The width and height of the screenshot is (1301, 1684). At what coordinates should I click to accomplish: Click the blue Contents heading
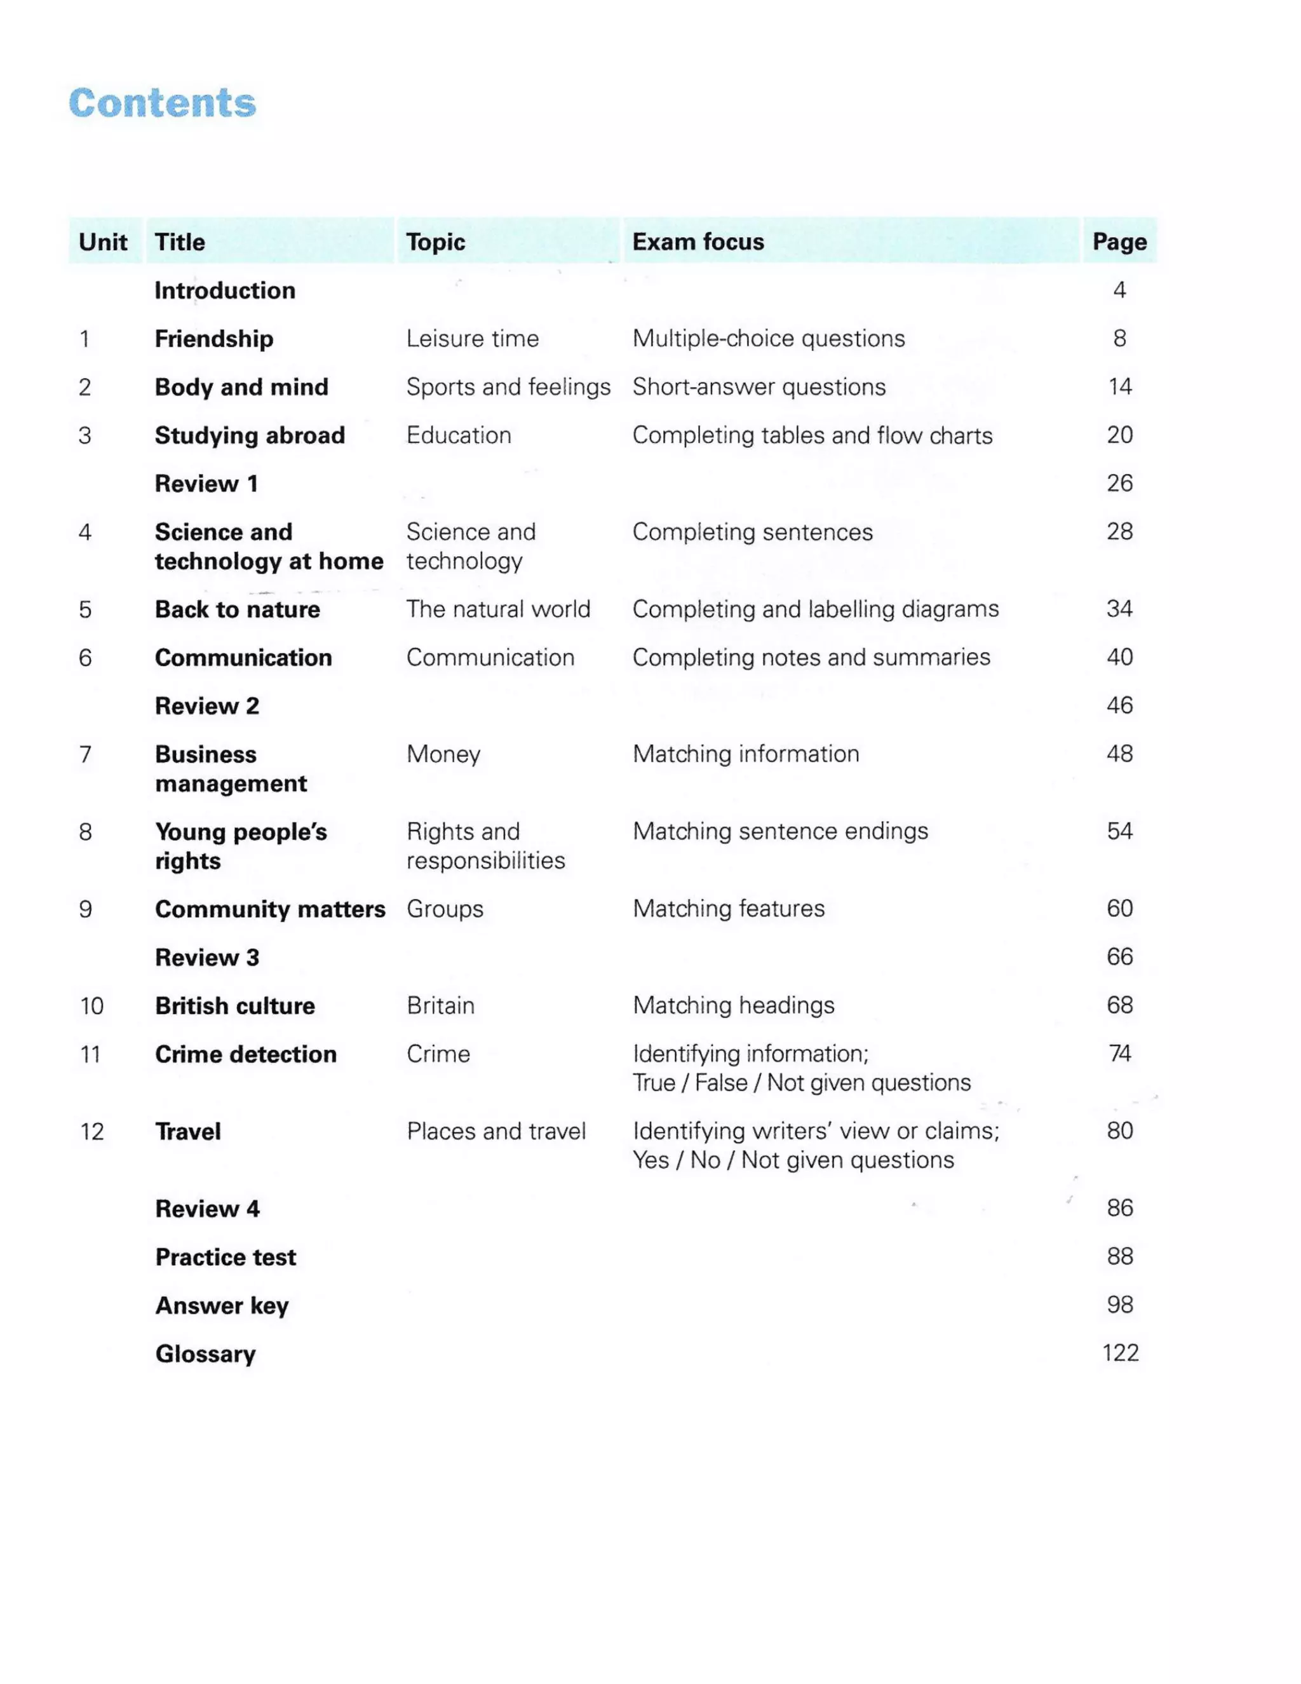tap(162, 104)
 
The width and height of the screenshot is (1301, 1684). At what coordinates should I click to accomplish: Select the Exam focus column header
tap(698, 242)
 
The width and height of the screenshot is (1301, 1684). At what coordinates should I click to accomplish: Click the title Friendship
tap(213, 339)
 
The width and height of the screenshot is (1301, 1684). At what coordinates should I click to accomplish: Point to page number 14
tap(1119, 386)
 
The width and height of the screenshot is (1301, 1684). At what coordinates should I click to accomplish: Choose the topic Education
tap(459, 435)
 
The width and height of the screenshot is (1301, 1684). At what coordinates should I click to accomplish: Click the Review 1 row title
tap(206, 484)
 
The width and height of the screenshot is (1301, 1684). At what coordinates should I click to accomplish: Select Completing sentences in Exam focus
tap(752, 532)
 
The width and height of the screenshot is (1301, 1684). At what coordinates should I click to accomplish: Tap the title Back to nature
tap(238, 609)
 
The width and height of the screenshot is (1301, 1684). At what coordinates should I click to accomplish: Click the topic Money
tap(443, 754)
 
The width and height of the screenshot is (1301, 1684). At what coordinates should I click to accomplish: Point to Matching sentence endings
tap(780, 831)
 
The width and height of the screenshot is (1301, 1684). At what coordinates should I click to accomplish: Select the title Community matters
tap(270, 909)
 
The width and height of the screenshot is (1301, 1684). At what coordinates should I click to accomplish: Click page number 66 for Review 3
tap(1119, 957)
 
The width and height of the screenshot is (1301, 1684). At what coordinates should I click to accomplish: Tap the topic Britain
tap(440, 1005)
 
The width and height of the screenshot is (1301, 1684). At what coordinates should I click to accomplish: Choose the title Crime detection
tap(245, 1054)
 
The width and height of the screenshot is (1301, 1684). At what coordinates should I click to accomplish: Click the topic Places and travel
tap(496, 1131)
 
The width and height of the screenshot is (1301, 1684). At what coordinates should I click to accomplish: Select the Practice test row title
tap(225, 1257)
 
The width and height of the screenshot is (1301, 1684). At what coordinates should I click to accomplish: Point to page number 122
tap(1120, 1353)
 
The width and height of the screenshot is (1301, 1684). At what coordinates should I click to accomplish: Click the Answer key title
tap(222, 1305)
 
